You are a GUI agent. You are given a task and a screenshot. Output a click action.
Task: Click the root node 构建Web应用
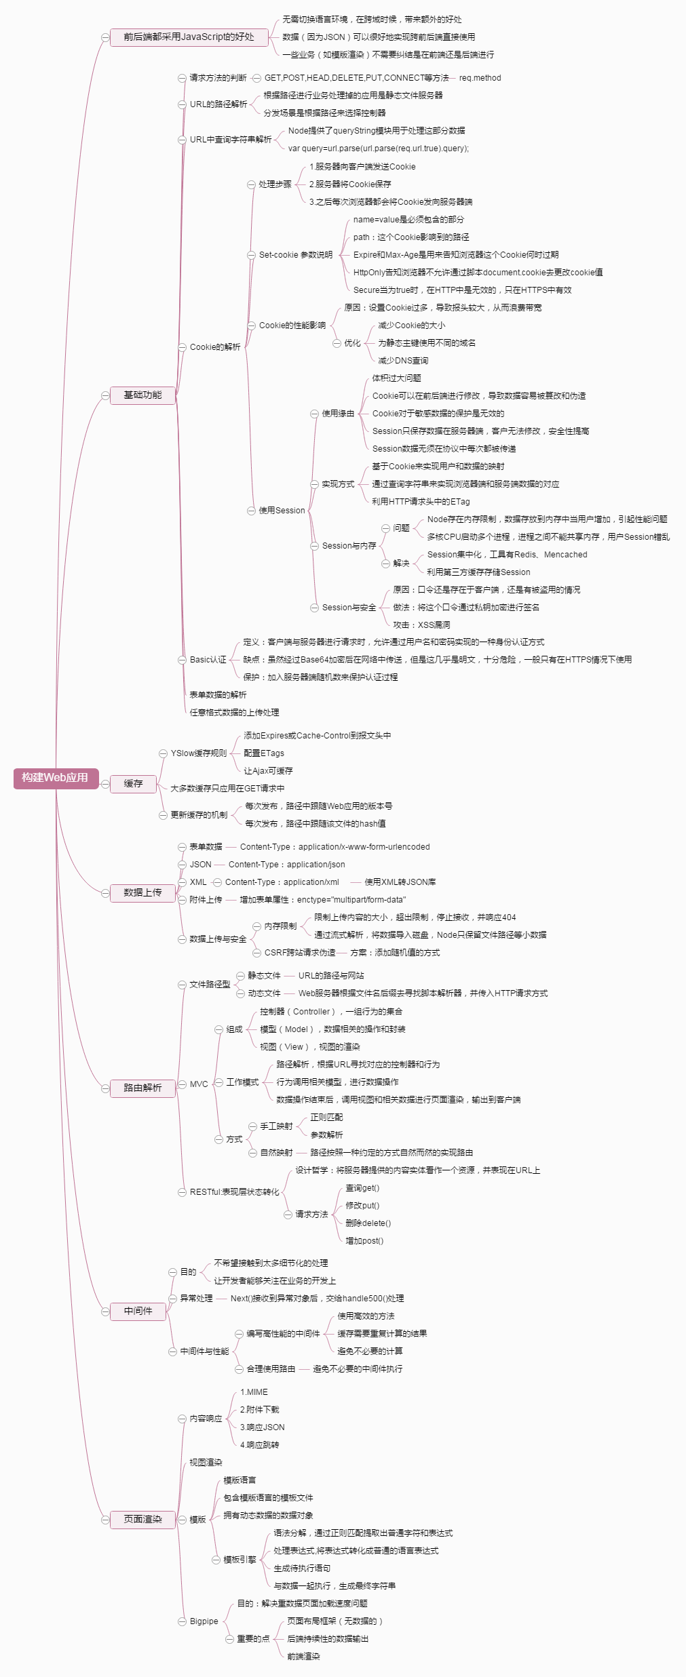pyautogui.click(x=56, y=778)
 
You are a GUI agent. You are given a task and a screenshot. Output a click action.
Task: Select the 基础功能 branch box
pyautogui.click(x=142, y=395)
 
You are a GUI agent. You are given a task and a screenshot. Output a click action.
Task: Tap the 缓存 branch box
pyautogui.click(x=133, y=784)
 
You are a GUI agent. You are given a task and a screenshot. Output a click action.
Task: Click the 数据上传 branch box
pyautogui.click(x=142, y=893)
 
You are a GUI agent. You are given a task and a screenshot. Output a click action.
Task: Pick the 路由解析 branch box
pyautogui.click(x=142, y=1088)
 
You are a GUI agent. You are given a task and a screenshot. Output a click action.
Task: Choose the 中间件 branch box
pyautogui.click(x=138, y=1311)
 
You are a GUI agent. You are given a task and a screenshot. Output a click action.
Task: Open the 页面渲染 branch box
pyautogui.click(x=142, y=1519)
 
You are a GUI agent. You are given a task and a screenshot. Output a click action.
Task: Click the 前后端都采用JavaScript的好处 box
pyautogui.click(x=189, y=37)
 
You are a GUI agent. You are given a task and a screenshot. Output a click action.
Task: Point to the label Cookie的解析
pyautogui.click(x=215, y=347)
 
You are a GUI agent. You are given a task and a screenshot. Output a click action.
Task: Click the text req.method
pyautogui.click(x=480, y=78)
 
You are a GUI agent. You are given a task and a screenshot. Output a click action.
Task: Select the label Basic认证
pyautogui.click(x=208, y=660)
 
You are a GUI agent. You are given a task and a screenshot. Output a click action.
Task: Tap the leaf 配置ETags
pyautogui.click(x=264, y=753)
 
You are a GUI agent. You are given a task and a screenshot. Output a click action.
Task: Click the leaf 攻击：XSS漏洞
pyautogui.click(x=421, y=625)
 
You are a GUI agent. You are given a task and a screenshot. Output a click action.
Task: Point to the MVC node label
pyautogui.click(x=199, y=1084)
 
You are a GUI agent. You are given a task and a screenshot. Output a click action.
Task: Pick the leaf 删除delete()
pyautogui.click(x=368, y=1223)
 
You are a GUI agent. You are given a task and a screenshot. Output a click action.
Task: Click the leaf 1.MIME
pyautogui.click(x=254, y=1392)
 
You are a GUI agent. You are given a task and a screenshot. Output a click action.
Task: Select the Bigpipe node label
pyautogui.click(x=204, y=1621)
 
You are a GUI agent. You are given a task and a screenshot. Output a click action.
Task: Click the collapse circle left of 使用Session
pyautogui.click(x=251, y=511)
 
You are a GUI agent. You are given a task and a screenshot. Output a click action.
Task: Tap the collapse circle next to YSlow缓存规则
pyautogui.click(x=163, y=753)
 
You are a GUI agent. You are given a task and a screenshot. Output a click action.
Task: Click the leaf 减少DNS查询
pyautogui.click(x=403, y=361)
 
